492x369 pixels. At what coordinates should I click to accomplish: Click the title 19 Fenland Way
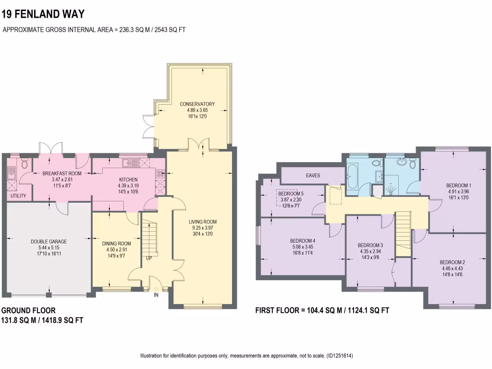click(37, 13)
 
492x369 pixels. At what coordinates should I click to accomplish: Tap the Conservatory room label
click(197, 104)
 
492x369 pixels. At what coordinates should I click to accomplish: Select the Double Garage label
click(49, 242)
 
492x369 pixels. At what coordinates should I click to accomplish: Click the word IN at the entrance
click(156, 295)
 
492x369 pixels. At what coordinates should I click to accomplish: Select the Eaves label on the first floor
click(313, 175)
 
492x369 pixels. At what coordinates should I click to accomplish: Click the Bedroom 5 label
click(291, 194)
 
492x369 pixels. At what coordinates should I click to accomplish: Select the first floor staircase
click(404, 230)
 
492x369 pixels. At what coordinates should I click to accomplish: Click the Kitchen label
click(128, 180)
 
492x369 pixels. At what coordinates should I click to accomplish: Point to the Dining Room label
click(116, 244)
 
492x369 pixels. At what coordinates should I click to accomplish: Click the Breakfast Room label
click(61, 173)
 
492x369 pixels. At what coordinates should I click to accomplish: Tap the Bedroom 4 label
click(303, 241)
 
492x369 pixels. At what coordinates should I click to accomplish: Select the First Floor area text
click(322, 311)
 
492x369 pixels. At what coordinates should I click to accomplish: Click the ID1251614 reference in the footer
click(339, 356)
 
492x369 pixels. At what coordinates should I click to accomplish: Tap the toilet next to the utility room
click(25, 165)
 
